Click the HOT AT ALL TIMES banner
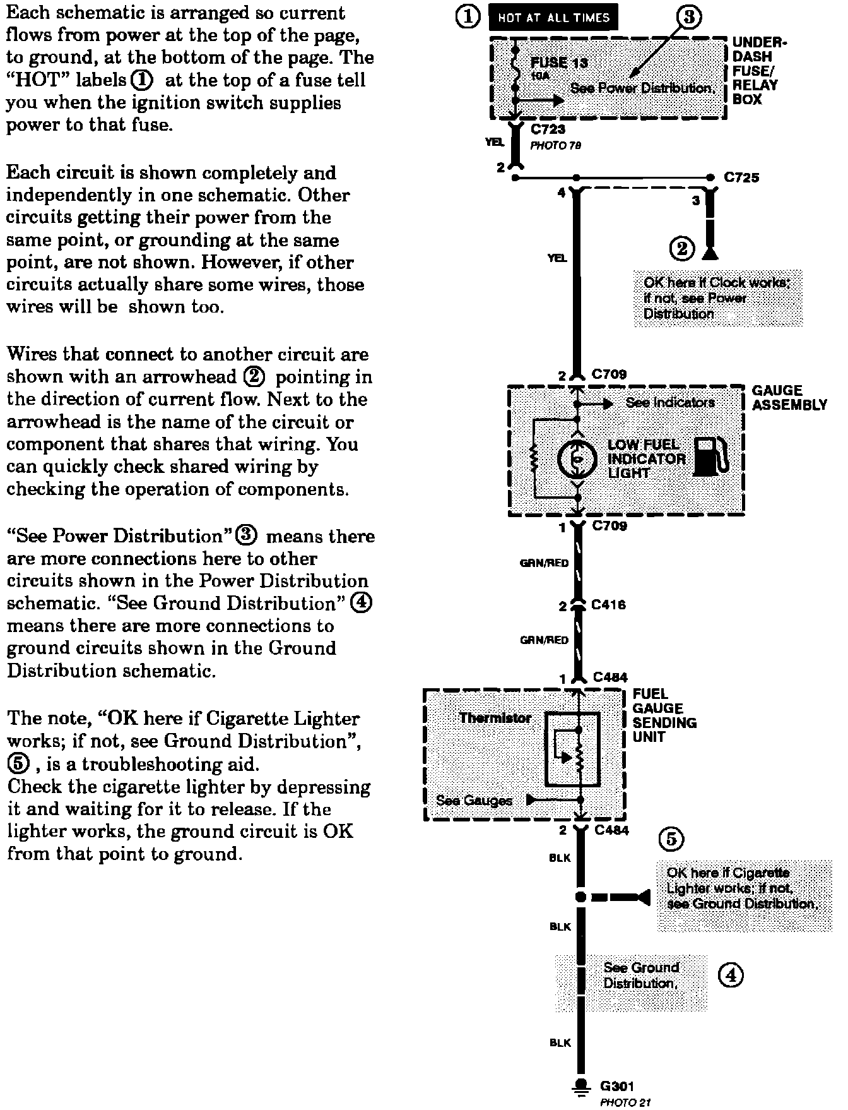pyautogui.click(x=553, y=18)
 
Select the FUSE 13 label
pyautogui.click(x=559, y=63)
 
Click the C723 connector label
pyautogui.click(x=548, y=129)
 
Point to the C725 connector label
pyautogui.click(x=741, y=177)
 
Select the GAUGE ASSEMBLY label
pyautogui.click(x=789, y=398)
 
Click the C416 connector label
pyautogui.click(x=609, y=605)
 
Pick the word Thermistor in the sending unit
pyautogui.click(x=495, y=718)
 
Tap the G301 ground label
pyautogui.click(x=616, y=1086)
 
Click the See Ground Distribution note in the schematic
pyautogui.click(x=640, y=976)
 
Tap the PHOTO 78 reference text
pyautogui.click(x=555, y=146)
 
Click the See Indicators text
pyautogui.click(x=670, y=402)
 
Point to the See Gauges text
pyautogui.click(x=474, y=801)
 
